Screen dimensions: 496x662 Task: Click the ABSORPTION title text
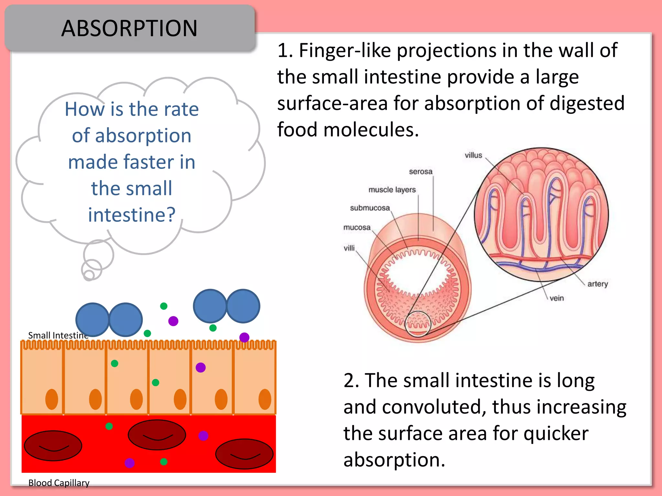coord(129,28)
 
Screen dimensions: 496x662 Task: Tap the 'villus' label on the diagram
coord(473,155)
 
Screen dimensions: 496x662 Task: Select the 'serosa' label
coord(421,171)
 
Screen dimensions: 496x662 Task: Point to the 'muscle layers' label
coord(392,190)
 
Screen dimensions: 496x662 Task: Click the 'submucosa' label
coord(370,208)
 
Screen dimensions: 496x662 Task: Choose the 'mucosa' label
coord(357,227)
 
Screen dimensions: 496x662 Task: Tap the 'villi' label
coord(349,248)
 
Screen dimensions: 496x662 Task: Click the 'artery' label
coord(597,284)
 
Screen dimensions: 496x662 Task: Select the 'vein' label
coord(556,298)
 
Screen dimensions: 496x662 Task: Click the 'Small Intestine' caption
coord(58,336)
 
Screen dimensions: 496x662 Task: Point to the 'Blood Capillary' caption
coord(59,483)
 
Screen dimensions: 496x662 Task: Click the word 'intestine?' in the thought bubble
coord(132,215)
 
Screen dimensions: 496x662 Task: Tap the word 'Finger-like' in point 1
coord(345,51)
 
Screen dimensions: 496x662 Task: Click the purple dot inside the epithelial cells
coord(201,367)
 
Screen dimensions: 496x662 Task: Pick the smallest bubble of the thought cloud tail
coord(89,275)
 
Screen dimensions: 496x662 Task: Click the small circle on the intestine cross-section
coord(418,324)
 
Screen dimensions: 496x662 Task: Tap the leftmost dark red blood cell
coord(53,446)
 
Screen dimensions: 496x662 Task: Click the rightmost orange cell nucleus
coord(265,399)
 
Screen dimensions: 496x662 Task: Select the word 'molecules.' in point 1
coord(371,130)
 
